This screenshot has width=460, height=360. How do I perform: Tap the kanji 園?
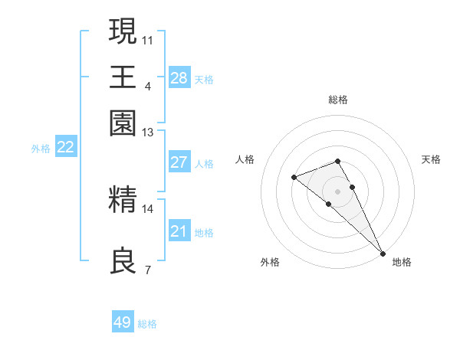(x=123, y=123)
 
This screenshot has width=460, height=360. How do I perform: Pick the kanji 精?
(x=123, y=200)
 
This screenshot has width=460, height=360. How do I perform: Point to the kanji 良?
(x=123, y=261)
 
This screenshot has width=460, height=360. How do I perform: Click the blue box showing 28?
(x=179, y=78)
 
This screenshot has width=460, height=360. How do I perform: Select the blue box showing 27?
(x=179, y=162)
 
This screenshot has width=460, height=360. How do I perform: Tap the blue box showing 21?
(x=179, y=231)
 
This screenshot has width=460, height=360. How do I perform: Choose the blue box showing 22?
(x=66, y=148)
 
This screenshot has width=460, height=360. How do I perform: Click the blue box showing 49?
(x=123, y=322)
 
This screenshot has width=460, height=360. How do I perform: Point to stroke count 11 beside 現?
(x=148, y=39)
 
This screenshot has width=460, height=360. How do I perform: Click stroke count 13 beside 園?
(x=148, y=132)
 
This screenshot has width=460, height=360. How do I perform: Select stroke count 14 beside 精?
(x=148, y=208)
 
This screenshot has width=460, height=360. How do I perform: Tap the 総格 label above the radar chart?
(x=338, y=100)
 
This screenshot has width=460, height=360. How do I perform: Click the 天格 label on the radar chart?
(x=431, y=159)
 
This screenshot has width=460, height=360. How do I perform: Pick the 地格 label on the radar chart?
(x=402, y=262)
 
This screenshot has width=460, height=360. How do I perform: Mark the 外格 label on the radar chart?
(x=270, y=262)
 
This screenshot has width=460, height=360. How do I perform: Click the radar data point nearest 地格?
(x=383, y=253)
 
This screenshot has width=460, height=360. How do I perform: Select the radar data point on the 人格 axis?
(x=294, y=178)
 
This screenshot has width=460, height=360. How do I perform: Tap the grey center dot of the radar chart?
(x=338, y=191)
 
